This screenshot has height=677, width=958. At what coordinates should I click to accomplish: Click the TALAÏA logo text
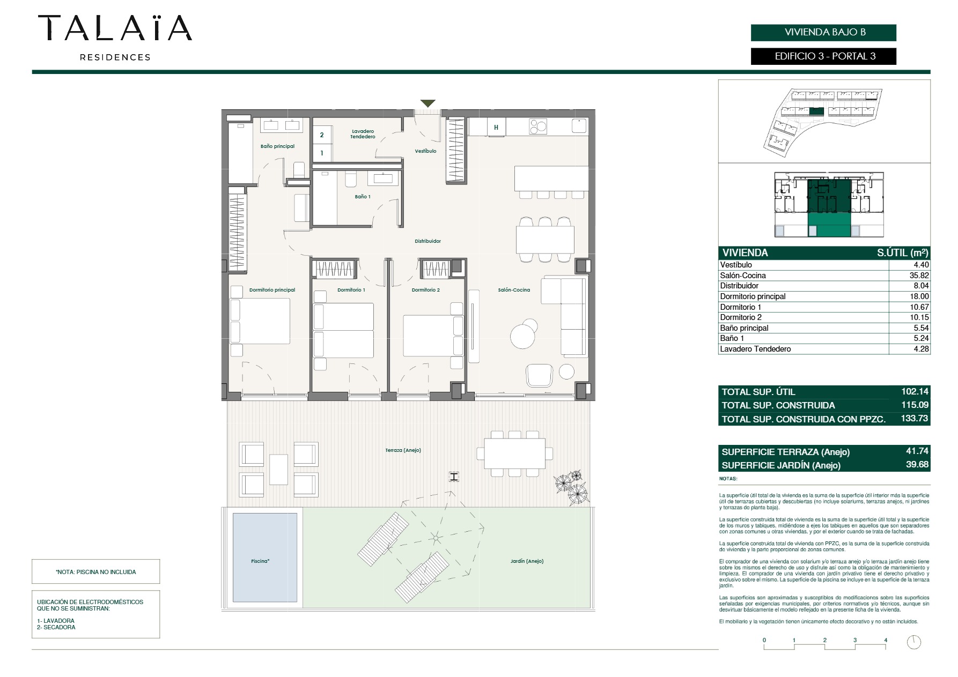click(x=115, y=28)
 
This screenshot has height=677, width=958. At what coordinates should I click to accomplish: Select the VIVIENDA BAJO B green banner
click(x=823, y=32)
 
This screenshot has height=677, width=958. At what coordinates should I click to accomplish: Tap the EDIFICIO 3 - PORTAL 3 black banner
click(x=823, y=56)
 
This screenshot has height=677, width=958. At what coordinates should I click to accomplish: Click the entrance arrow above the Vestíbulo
click(x=428, y=103)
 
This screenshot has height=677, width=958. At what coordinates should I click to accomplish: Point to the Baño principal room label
click(x=277, y=146)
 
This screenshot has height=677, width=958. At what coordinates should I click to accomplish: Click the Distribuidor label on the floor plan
click(x=428, y=241)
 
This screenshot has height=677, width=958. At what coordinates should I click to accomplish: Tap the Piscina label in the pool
click(x=260, y=561)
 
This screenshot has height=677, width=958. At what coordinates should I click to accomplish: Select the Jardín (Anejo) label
click(x=527, y=561)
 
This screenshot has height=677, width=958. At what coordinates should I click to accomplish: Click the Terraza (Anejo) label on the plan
click(x=403, y=450)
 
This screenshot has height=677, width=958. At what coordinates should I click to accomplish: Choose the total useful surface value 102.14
click(x=915, y=391)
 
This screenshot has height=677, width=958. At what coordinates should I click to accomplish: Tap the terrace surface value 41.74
click(x=917, y=451)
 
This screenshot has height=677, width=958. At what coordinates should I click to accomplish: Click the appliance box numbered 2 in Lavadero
click(x=322, y=135)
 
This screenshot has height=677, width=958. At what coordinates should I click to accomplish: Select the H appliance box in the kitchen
click(x=496, y=128)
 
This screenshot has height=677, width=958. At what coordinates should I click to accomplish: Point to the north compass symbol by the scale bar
click(x=914, y=642)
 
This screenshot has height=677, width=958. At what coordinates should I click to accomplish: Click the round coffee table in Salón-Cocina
click(x=522, y=337)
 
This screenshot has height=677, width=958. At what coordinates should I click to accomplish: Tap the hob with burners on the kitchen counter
click(x=538, y=127)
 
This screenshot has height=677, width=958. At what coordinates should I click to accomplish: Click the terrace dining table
click(x=514, y=453)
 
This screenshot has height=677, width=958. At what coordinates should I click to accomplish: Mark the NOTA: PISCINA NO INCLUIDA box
click(x=96, y=571)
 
